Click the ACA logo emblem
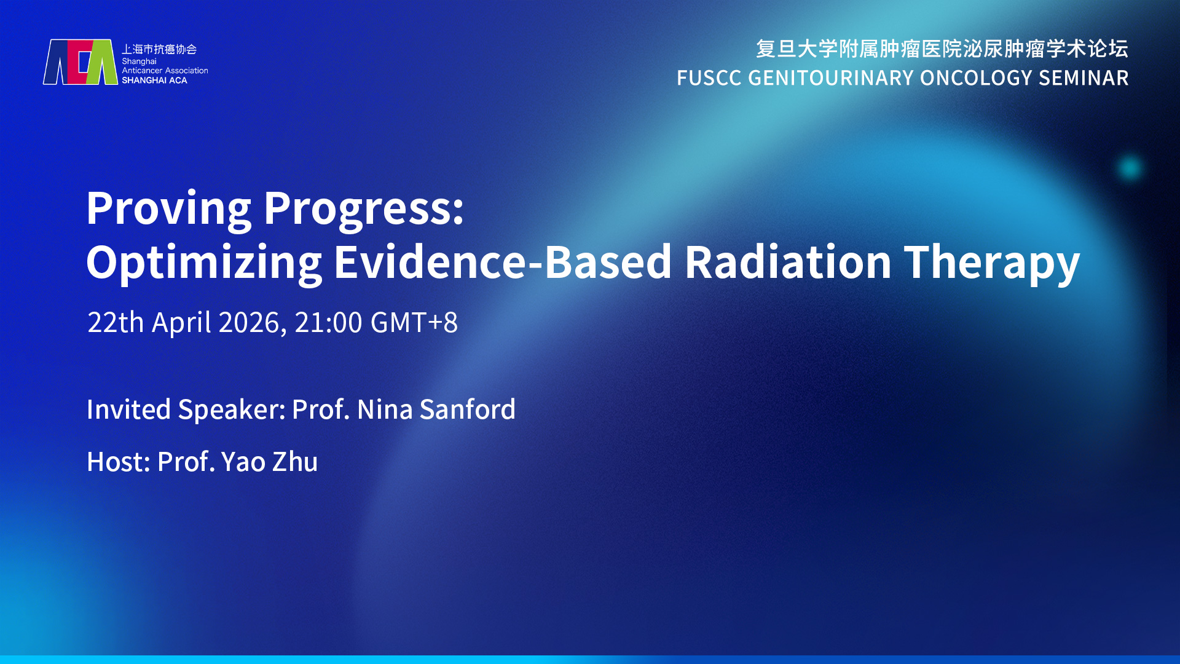coord(80,62)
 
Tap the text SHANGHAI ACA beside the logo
coord(154,81)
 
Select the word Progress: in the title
coord(364,210)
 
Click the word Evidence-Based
coord(503,263)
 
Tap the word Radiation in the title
coord(788,263)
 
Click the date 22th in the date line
coord(116,322)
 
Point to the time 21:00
coord(328,323)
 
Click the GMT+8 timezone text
coord(414,323)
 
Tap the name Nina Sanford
coord(436,409)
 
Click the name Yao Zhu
coord(269,462)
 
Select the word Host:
coord(119,462)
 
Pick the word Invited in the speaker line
coord(128,409)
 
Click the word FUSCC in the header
coord(709,78)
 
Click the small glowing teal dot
coord(1130,168)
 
